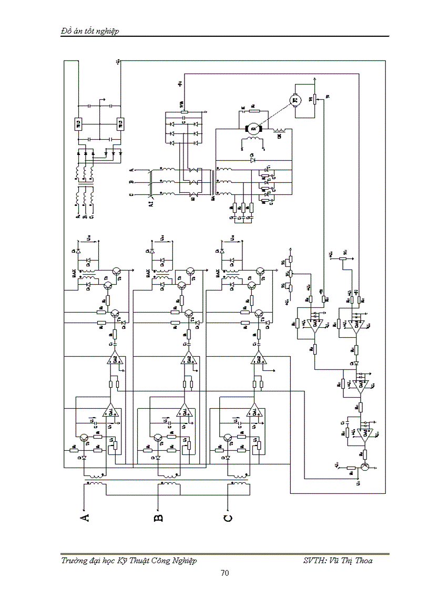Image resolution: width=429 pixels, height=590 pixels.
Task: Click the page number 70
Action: (224, 573)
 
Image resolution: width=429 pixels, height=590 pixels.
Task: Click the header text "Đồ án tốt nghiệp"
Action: (90, 31)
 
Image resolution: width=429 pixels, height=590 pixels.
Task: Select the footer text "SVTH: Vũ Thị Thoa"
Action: (338, 561)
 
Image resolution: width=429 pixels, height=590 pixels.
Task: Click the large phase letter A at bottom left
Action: (84, 519)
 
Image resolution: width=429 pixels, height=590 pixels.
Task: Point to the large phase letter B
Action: (158, 519)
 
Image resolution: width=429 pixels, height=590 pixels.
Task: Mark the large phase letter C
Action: (228, 519)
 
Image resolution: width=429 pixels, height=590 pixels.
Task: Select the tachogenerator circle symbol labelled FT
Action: (294, 99)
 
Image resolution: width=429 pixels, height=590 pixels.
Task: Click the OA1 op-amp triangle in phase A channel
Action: (110, 411)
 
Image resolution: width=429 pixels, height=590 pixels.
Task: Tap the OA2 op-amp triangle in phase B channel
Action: (188, 359)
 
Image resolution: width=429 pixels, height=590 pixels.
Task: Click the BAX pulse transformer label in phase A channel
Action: (74, 273)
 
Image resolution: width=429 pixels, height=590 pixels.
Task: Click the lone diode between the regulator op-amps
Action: (356, 363)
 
